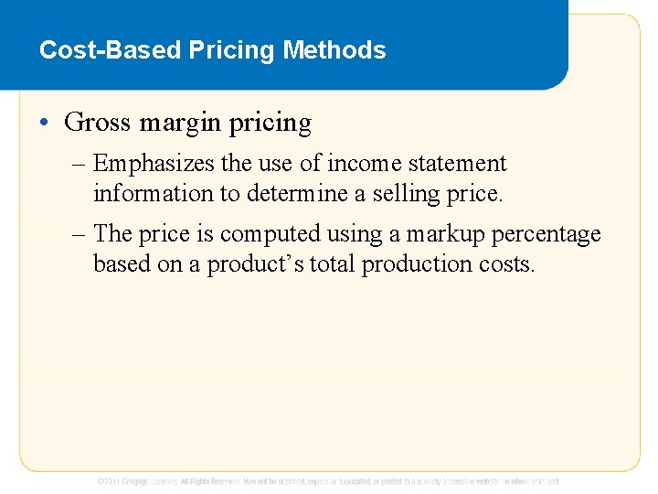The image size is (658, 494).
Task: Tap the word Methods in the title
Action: pyautogui.click(x=334, y=49)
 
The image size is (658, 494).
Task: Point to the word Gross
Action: pyautogui.click(x=99, y=122)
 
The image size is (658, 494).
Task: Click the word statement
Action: pyautogui.click(x=457, y=164)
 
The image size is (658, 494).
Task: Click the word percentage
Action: pyautogui.click(x=547, y=234)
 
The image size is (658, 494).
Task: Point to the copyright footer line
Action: pyautogui.click(x=329, y=481)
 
